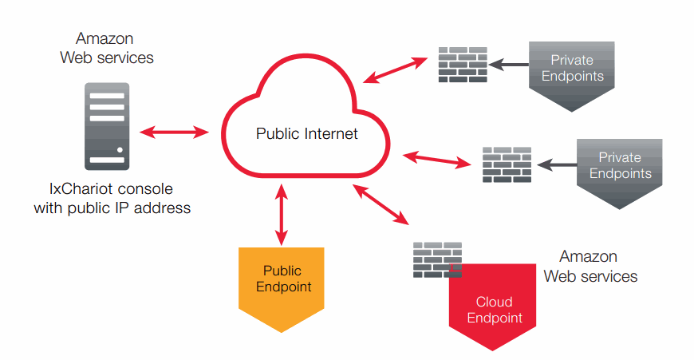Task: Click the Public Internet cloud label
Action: point(307,133)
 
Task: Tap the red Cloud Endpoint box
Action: point(493,307)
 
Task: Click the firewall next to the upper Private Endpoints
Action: point(463,65)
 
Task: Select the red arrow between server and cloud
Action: point(173,132)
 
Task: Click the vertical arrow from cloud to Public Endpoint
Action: point(280,212)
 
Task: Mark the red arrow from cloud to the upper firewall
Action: point(395,69)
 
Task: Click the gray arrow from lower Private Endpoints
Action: point(556,165)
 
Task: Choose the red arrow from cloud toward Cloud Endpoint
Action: point(381,204)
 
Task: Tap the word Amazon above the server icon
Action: point(104,38)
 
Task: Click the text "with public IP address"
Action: point(112,208)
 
